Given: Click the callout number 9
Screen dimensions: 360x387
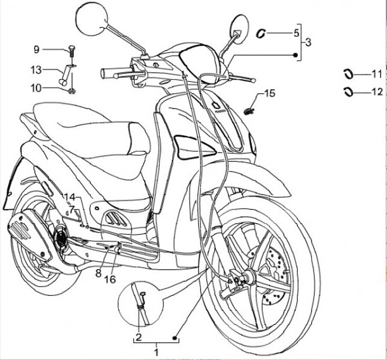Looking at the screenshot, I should tap(37, 49).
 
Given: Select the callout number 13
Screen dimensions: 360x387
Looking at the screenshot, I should tap(36, 70).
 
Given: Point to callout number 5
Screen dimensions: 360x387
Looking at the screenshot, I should tap(296, 33).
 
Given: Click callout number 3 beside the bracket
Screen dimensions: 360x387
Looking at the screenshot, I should tap(308, 42).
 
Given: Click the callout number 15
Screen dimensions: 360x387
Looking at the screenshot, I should tap(269, 93).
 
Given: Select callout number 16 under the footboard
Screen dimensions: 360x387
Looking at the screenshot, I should tap(110, 279).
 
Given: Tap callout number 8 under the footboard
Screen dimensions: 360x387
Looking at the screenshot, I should tap(98, 273).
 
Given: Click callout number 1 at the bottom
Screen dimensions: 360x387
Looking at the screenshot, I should tap(156, 352).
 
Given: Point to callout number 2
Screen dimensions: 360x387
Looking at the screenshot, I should tap(138, 337).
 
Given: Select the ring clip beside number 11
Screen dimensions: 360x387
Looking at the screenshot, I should tap(349, 73).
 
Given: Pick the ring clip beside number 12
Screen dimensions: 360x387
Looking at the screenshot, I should tap(349, 91).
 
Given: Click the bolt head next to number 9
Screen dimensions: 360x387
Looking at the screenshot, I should tap(71, 50).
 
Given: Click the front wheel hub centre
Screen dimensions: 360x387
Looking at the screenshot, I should tap(249, 279).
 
